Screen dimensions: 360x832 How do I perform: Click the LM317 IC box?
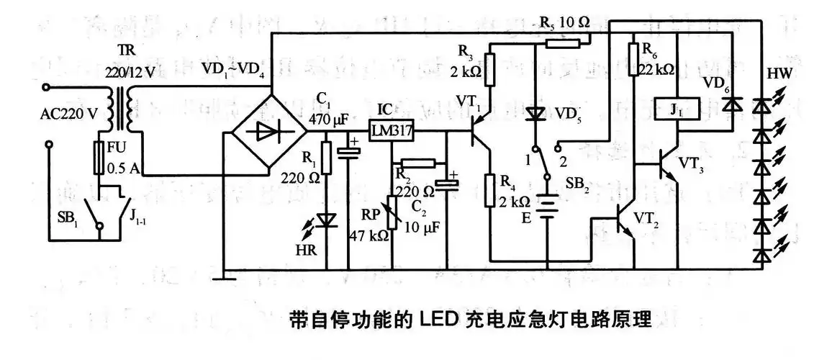pos(389,130)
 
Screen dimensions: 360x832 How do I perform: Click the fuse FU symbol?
pos(101,157)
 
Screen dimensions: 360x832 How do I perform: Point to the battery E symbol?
pos(547,208)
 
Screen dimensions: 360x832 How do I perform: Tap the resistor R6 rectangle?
pos(633,58)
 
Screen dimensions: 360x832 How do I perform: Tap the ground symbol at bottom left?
pos(225,274)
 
